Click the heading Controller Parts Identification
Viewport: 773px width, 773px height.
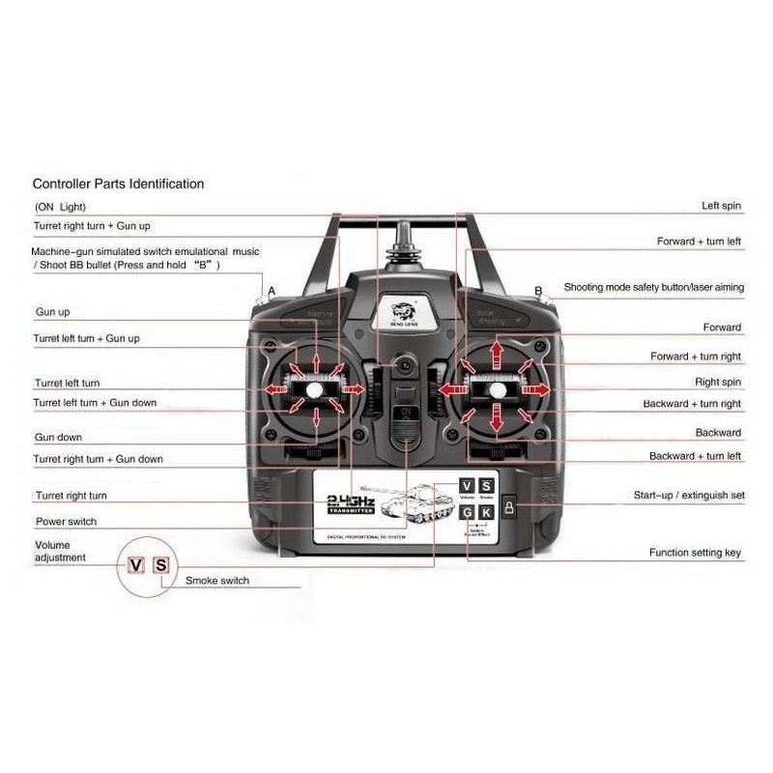point(118,184)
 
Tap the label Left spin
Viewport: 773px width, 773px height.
point(721,207)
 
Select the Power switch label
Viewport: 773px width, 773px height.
point(66,522)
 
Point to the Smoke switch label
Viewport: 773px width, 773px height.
point(216,581)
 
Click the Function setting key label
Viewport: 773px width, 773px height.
point(695,553)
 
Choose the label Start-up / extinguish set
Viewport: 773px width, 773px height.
point(689,496)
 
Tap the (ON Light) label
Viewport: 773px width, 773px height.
point(60,207)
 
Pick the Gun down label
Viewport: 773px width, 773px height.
point(58,438)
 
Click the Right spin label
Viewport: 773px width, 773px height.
point(718,383)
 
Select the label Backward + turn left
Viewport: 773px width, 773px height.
point(695,456)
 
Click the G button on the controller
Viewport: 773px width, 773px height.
point(467,512)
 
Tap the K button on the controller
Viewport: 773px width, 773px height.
point(486,512)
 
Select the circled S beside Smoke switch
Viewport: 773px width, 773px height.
point(161,565)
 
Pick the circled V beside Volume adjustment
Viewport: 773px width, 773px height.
point(136,565)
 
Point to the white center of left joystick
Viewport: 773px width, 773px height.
point(315,388)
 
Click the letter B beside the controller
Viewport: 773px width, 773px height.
point(538,291)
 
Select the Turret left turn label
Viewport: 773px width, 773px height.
point(67,384)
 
